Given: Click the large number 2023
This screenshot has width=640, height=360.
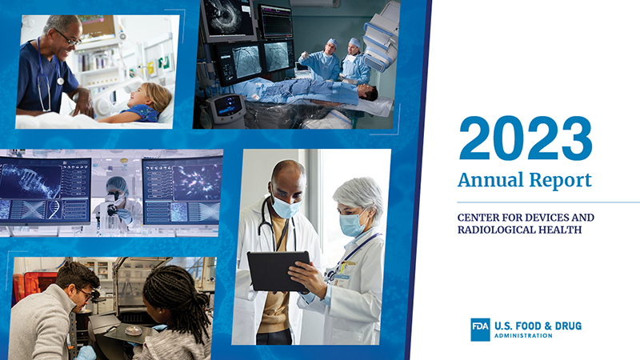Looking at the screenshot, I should point(526,138).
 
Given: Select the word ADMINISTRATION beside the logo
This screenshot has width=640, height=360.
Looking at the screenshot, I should point(523,336).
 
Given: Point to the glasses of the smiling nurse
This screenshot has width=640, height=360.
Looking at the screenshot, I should point(68,37).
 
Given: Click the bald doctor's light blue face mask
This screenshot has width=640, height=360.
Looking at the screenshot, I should point(286,208).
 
